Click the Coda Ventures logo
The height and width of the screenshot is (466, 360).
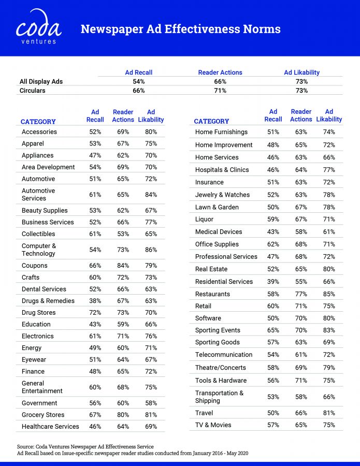[39, 27]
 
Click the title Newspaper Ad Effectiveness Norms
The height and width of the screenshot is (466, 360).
[180, 29]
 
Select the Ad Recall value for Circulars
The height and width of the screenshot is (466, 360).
[138, 91]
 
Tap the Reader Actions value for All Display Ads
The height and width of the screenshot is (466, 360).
[220, 82]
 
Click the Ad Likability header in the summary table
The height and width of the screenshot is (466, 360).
[301, 72]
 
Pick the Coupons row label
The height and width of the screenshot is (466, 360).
[34, 266]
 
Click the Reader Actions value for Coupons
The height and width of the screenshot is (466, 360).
[123, 266]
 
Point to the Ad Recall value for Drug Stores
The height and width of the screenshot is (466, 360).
[95, 313]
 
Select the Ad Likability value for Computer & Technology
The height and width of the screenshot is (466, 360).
[151, 250]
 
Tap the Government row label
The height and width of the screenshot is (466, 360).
[39, 403]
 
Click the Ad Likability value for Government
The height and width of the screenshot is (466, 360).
[151, 403]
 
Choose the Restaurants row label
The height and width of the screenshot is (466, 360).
[212, 294]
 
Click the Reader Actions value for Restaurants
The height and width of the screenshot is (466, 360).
[301, 294]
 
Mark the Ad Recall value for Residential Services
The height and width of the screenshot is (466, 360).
[273, 282]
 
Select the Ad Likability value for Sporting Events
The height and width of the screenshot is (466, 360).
[329, 330]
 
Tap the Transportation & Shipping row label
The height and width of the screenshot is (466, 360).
[219, 397]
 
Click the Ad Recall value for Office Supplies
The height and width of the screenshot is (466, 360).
[273, 244]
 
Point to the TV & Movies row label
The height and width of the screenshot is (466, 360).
[213, 425]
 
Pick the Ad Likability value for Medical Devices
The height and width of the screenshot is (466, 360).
[329, 232]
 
